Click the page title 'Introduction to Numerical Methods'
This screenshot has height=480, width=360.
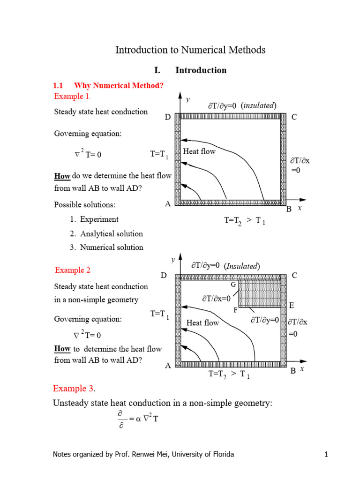click(x=190, y=50)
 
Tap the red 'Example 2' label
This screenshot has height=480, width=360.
click(x=73, y=270)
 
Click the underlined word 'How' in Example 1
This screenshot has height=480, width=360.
click(x=62, y=176)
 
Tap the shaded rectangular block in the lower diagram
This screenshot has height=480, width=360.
click(x=260, y=294)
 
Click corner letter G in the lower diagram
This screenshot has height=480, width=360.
click(x=233, y=285)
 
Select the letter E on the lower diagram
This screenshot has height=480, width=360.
click(x=292, y=306)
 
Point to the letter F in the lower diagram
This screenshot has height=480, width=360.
click(x=235, y=310)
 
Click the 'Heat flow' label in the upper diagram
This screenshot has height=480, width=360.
click(x=199, y=151)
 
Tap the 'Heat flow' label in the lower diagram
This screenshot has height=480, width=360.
click(x=202, y=322)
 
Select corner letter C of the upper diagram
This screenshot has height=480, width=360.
click(x=294, y=117)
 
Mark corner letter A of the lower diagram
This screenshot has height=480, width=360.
click(x=167, y=366)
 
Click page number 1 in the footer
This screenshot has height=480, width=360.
click(x=325, y=454)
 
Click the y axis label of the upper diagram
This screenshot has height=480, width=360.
click(x=187, y=99)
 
